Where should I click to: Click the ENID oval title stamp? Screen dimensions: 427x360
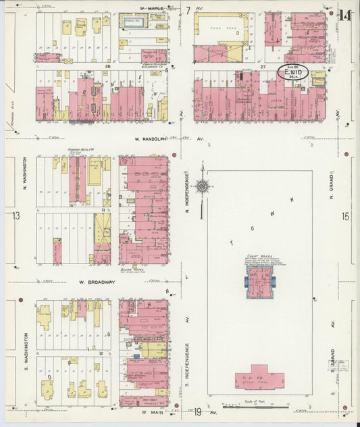coord(294,72)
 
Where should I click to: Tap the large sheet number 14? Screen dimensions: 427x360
coord(345,15)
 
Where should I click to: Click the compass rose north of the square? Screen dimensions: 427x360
coord(202,186)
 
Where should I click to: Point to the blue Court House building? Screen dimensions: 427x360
coord(259,282)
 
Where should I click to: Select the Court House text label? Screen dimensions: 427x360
coord(259,257)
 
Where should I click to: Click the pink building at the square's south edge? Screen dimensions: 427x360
coord(260,378)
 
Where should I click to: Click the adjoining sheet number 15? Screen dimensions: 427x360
coord(345,216)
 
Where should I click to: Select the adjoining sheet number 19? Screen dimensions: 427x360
coord(198,411)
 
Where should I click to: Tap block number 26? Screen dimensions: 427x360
coord(107,67)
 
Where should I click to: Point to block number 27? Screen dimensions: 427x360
coord(263,67)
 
